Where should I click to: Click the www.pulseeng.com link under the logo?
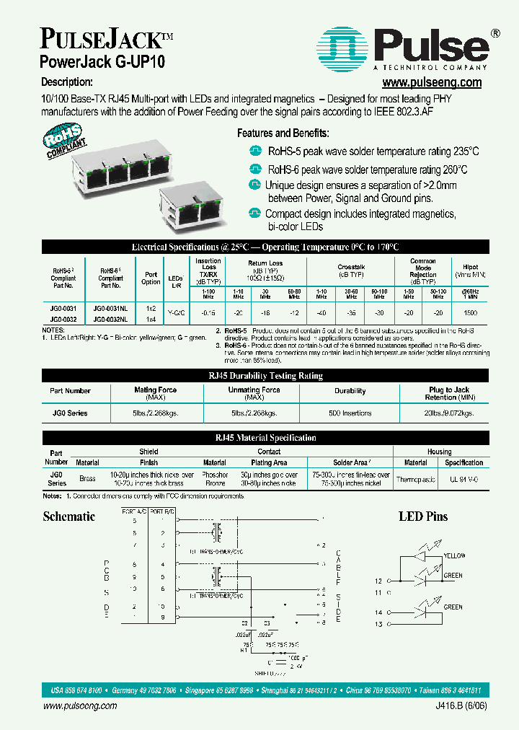click(x=431, y=83)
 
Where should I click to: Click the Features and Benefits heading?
click(x=283, y=133)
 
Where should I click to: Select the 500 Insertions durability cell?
click(x=350, y=413)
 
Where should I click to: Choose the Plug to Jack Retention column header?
click(x=449, y=393)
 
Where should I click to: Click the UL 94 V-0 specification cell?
click(x=463, y=479)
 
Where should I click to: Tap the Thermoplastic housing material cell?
click(x=415, y=479)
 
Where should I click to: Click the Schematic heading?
click(x=68, y=516)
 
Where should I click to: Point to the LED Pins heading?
click(x=423, y=516)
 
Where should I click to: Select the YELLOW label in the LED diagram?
click(x=455, y=555)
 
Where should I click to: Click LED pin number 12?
click(x=378, y=581)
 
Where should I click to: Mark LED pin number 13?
click(x=378, y=624)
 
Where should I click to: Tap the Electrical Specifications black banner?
click(x=265, y=247)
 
